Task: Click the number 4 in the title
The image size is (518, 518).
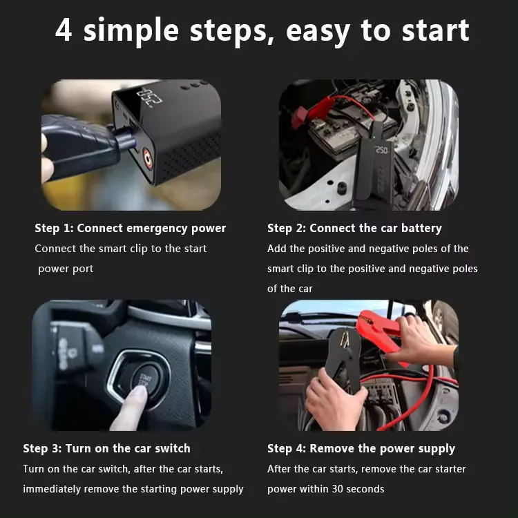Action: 64,31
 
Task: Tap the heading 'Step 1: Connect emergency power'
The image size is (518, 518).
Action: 131,228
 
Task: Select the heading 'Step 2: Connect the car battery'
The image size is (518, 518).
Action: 354,228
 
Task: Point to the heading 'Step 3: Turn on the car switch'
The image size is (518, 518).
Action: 106,448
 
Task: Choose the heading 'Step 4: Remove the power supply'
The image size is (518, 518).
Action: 361,448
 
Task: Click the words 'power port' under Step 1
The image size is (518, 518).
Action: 66,269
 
